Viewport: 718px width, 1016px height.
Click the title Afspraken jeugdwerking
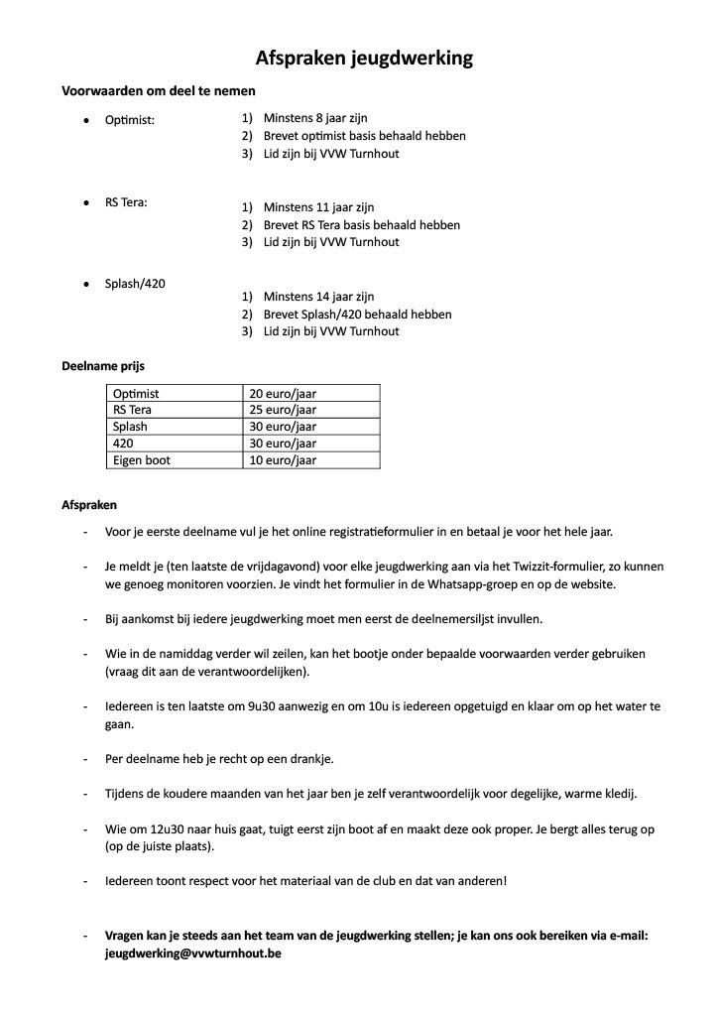pyautogui.click(x=364, y=59)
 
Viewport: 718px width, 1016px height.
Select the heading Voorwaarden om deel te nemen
pyautogui.click(x=159, y=90)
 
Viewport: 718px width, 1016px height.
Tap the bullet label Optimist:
pyautogui.click(x=130, y=120)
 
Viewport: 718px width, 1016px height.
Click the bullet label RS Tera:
pyautogui.click(x=127, y=202)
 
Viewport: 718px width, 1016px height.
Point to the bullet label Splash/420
pyautogui.click(x=135, y=284)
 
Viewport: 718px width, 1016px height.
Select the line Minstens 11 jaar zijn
pyautogui.click(x=318, y=207)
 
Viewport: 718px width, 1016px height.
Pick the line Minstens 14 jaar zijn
pyautogui.click(x=318, y=297)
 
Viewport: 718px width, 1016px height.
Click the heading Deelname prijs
pyautogui.click(x=103, y=366)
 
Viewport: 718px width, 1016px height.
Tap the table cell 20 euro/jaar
pyautogui.click(x=283, y=394)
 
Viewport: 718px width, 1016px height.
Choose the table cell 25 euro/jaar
pyautogui.click(x=283, y=410)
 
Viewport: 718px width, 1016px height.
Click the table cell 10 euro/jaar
pyautogui.click(x=283, y=460)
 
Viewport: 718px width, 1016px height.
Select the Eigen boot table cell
pyautogui.click(x=142, y=460)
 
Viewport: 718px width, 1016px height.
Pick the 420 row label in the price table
pyautogui.click(x=123, y=444)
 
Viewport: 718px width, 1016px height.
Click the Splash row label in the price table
pyautogui.click(x=130, y=427)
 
